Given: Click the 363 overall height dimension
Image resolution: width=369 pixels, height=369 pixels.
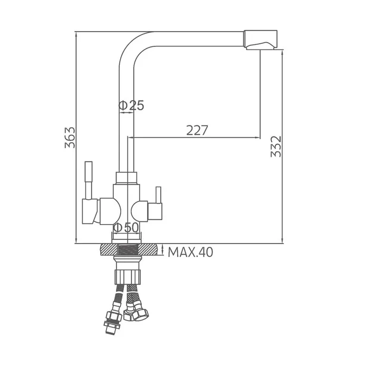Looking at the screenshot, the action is (70, 138).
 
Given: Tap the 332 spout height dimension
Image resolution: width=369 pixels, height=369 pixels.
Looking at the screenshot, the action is (276, 147).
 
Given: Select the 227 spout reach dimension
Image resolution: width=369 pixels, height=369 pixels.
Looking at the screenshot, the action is (197, 130).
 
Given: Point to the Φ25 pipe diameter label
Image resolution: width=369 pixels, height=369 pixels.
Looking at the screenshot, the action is (131, 105).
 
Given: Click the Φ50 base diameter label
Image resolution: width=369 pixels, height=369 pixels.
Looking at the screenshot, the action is (126, 227).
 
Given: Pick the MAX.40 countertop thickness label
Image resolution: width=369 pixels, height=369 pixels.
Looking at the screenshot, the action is (190, 252).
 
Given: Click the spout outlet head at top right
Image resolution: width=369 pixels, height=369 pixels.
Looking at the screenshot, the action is (260, 40).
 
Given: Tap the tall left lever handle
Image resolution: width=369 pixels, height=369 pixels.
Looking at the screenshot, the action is (89, 180).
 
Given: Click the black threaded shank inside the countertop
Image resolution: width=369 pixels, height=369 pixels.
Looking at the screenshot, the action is (127, 250).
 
